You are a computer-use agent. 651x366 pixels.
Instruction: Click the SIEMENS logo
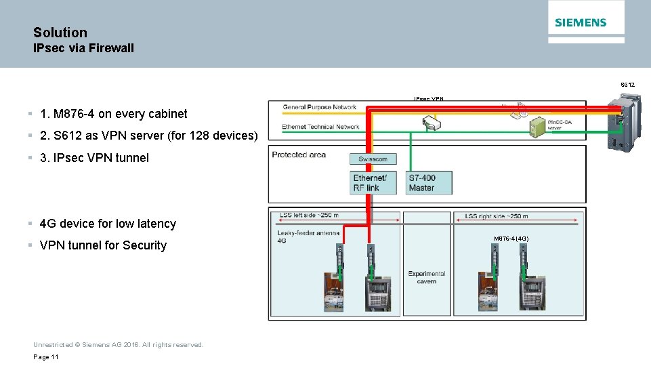581,22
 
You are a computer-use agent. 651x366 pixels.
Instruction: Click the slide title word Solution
60,33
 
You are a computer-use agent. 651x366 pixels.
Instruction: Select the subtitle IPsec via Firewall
83,48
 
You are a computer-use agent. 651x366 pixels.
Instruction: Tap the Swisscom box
373,159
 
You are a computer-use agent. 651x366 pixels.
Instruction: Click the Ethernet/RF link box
373,183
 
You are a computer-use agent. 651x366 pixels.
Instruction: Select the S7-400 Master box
429,183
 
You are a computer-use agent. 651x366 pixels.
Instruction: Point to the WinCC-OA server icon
537,126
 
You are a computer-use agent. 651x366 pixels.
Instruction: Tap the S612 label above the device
627,85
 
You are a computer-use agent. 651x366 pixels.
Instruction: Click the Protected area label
299,155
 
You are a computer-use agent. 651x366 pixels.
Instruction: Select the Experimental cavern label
427,277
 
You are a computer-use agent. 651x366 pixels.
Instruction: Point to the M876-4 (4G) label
511,239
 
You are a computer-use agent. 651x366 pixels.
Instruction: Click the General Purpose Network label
319,107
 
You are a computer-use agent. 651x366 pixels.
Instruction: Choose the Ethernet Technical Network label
320,127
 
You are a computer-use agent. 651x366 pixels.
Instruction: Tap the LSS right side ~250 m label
496,216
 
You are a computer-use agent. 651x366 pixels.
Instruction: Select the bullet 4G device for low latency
108,224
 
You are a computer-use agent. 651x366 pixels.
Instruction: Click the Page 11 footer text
46,357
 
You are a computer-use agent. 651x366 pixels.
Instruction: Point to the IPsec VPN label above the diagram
429,99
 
